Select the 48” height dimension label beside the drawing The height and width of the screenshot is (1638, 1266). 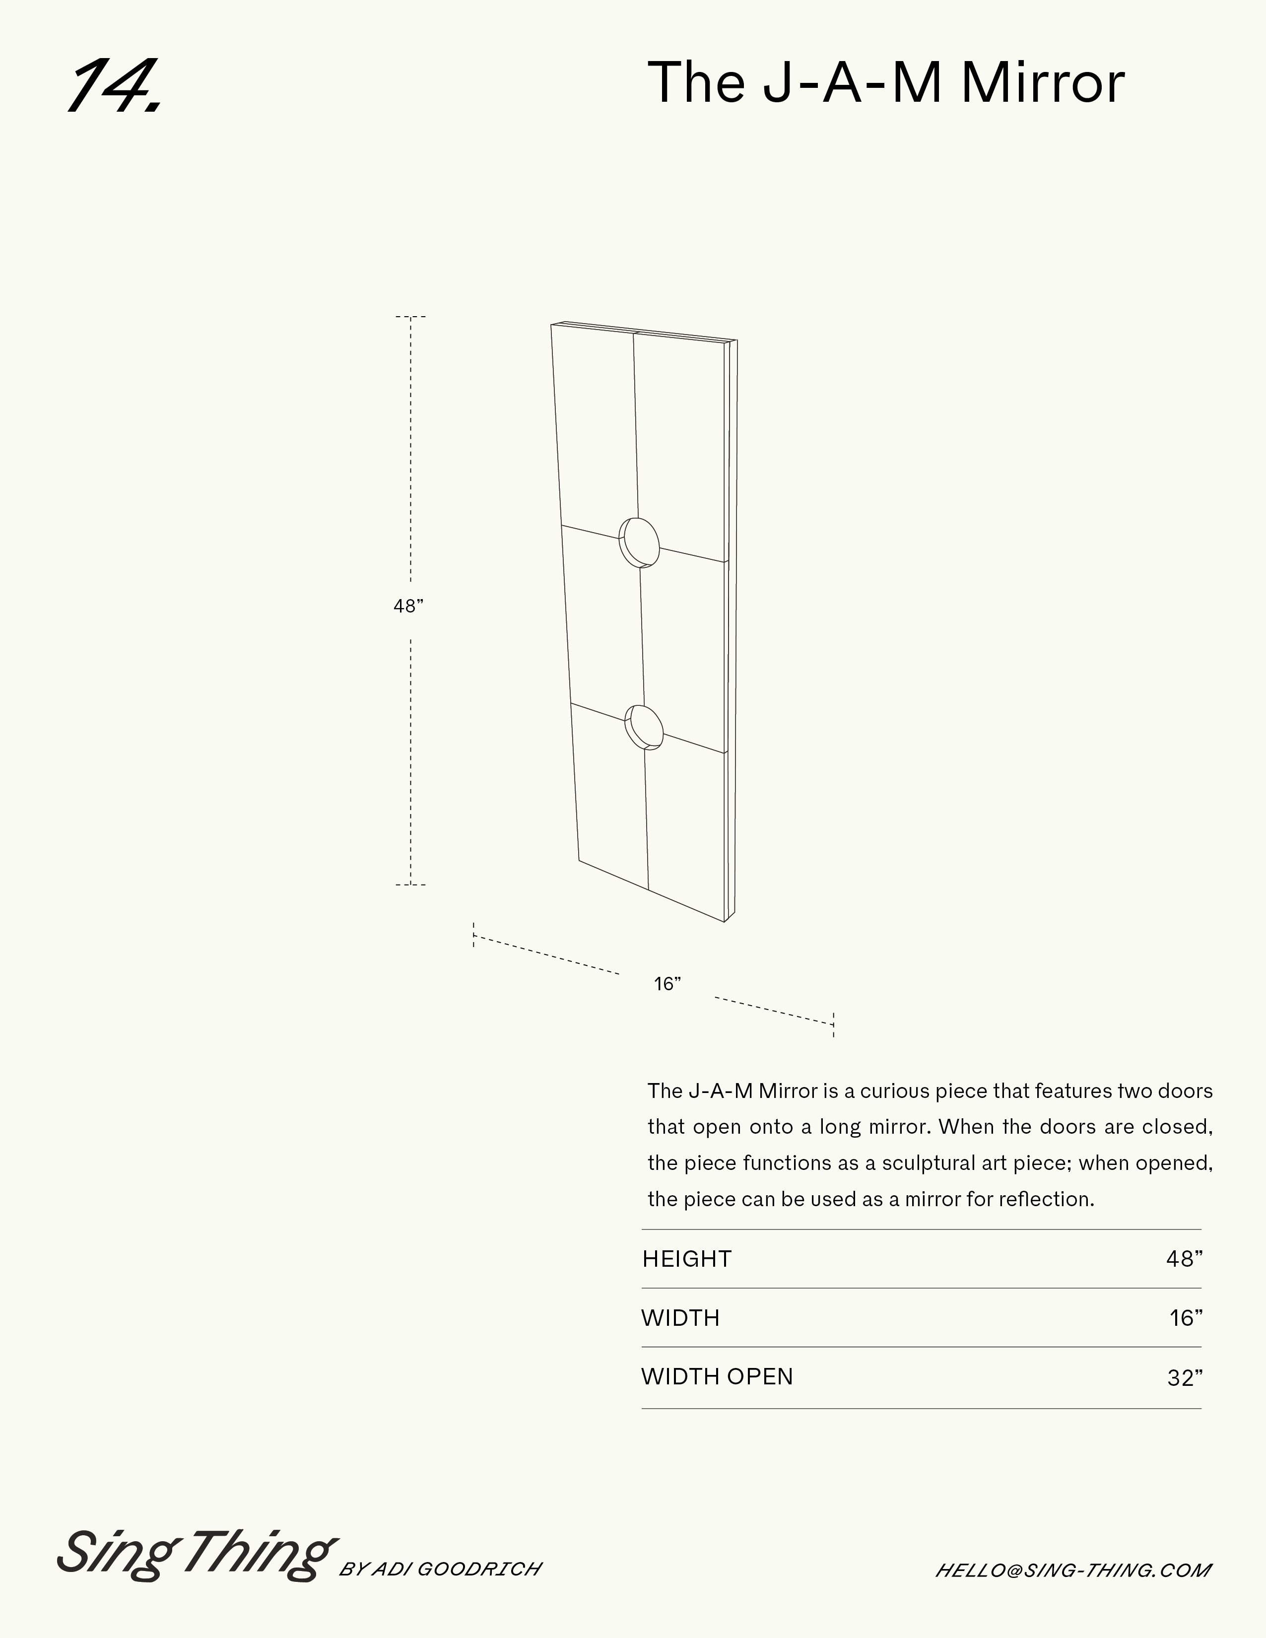pos(409,606)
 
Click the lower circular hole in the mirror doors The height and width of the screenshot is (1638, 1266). pos(645,727)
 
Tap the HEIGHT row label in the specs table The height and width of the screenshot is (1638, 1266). pos(686,1258)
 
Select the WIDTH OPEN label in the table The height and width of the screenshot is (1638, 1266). pos(717,1376)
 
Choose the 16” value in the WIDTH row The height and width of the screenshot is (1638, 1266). pos(1186,1318)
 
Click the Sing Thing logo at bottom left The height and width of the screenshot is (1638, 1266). pos(195,1552)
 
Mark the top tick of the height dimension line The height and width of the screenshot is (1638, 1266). pos(410,317)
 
